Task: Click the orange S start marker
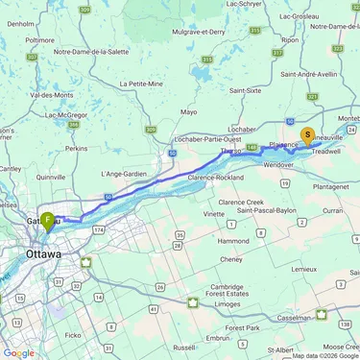[x=307, y=136]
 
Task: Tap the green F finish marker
[x=46, y=220]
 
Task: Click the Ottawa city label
[x=43, y=254]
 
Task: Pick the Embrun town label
[x=219, y=338]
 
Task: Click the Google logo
[x=18, y=352]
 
